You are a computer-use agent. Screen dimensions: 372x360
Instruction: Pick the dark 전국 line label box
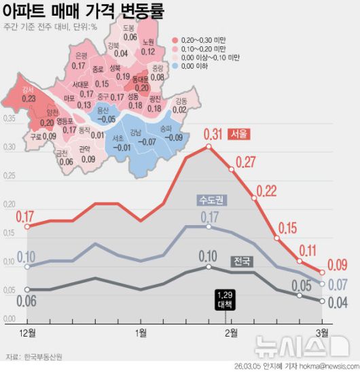click(x=241, y=261)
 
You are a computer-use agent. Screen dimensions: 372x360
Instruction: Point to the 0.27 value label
click(x=245, y=162)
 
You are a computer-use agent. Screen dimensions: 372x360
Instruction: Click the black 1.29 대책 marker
click(x=226, y=299)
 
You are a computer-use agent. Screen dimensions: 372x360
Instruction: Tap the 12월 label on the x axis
click(x=28, y=332)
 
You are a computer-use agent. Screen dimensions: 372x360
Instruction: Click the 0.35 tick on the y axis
click(x=9, y=120)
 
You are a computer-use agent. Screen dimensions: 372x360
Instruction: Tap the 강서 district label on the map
click(x=28, y=90)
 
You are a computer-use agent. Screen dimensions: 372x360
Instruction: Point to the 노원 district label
click(x=148, y=42)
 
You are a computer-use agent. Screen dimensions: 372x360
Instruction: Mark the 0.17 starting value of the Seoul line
click(x=24, y=217)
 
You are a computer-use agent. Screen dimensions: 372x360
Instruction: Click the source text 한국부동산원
click(x=43, y=356)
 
